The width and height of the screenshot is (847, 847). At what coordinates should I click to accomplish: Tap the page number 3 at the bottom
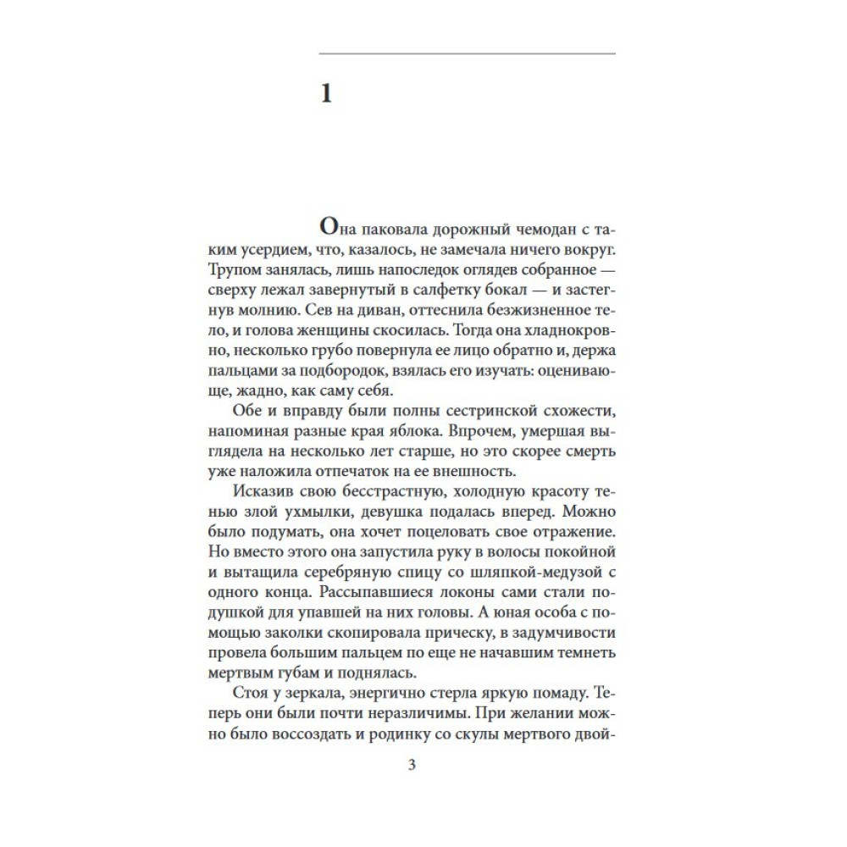pyautogui.click(x=412, y=767)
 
